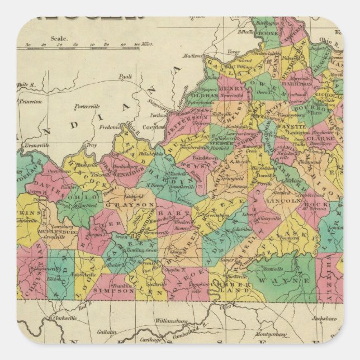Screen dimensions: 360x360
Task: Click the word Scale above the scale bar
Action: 58,39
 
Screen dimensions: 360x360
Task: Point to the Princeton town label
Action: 30,102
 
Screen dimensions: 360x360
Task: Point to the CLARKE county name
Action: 323,136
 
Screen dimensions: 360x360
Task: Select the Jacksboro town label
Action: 325,319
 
